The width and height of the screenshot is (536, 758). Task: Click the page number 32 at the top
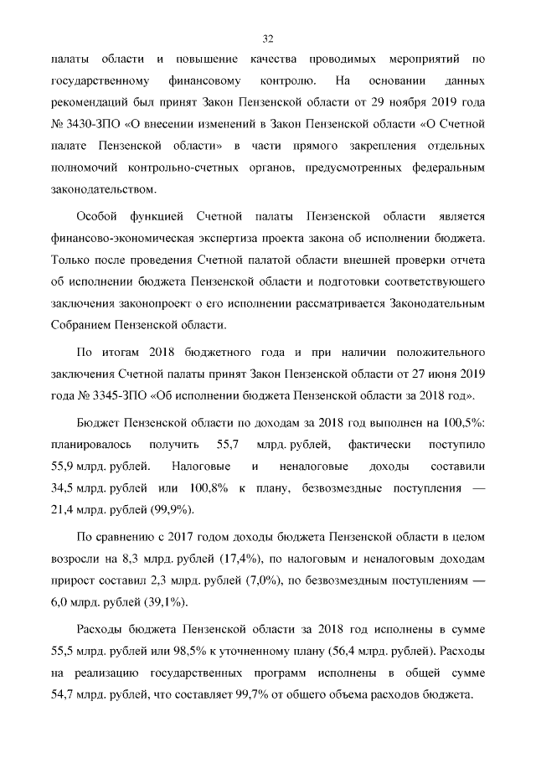268,39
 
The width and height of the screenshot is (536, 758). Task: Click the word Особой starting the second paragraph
98,217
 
